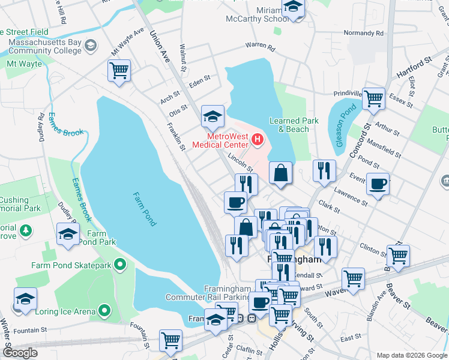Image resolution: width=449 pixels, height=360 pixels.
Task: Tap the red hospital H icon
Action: click(258, 140)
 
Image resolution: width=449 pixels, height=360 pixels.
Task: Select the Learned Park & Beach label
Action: click(294, 125)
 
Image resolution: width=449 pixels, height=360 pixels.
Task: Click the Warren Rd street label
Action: click(260, 46)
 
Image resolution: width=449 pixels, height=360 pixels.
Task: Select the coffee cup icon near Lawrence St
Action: click(378, 184)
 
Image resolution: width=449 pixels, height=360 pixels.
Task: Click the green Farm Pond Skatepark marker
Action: click(121, 264)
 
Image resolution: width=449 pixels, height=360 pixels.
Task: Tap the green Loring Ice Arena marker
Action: click(104, 311)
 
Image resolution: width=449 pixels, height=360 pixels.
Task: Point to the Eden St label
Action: click(199, 78)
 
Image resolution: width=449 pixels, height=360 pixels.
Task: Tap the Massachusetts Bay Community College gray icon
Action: click(90, 45)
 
